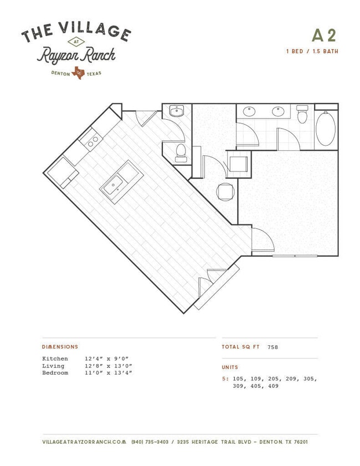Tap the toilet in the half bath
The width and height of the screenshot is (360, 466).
click(181, 153)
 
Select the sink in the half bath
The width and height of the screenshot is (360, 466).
click(177, 111)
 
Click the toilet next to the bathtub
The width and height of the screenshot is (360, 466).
click(302, 114)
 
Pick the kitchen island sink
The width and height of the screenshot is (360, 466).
click(114, 185)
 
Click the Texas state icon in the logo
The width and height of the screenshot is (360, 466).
click(78, 73)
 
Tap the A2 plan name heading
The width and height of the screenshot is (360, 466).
click(324, 35)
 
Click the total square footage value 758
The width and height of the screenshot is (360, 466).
click(272, 347)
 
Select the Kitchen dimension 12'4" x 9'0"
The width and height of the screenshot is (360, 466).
click(109, 359)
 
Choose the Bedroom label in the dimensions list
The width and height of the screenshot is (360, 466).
click(55, 373)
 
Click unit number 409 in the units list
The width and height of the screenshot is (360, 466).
click(273, 386)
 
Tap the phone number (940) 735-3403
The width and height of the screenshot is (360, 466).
click(150, 442)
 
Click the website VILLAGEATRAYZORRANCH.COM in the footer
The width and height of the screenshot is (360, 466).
click(84, 442)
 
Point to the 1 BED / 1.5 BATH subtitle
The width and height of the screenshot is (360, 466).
click(312, 52)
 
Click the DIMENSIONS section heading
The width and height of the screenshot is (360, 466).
click(60, 347)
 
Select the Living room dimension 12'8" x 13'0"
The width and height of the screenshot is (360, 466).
click(109, 366)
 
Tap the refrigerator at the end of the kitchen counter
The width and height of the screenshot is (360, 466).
click(63, 172)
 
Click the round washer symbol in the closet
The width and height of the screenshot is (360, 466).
click(225, 192)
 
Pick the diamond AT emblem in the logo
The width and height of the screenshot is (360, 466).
click(76, 42)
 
